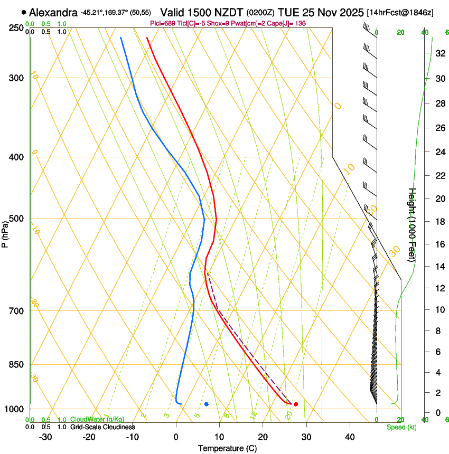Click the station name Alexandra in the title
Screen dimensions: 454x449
[53, 12]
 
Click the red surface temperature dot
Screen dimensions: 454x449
[296, 404]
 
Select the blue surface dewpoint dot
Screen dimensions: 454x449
[207, 404]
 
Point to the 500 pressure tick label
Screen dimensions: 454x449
[16, 219]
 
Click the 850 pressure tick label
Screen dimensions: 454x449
[16, 364]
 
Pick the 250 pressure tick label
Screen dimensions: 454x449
[16, 27]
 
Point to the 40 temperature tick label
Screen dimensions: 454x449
[349, 437]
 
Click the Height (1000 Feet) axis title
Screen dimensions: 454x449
[413, 224]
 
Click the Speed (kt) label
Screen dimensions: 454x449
[401, 427]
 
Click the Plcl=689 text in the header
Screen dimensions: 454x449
[162, 24]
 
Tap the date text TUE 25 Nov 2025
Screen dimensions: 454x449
[321, 12]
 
